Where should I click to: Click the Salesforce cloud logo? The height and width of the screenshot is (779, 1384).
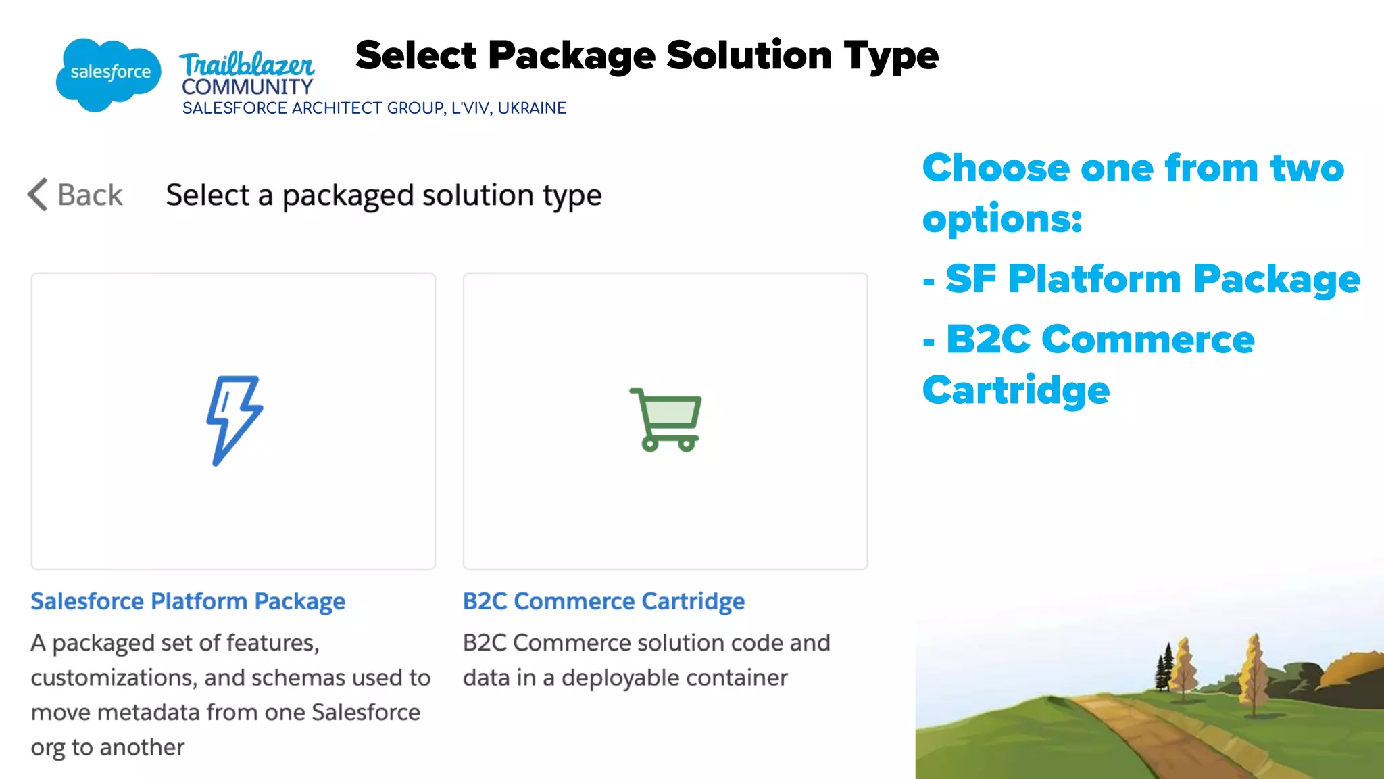(x=108, y=73)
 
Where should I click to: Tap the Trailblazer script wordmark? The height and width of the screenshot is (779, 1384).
(x=247, y=65)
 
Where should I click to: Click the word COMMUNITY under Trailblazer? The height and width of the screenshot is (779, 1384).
(x=247, y=87)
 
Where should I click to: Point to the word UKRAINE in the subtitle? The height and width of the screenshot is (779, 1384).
(x=532, y=108)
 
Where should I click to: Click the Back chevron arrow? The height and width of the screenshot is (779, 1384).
(x=38, y=195)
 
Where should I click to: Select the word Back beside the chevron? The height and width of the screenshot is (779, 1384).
(x=90, y=195)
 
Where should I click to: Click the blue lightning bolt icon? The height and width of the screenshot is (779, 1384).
(x=233, y=420)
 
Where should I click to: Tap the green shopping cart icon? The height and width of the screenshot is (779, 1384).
(x=666, y=419)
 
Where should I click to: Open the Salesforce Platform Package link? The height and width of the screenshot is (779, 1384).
(x=188, y=601)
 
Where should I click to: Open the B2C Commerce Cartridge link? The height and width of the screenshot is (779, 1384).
(x=603, y=601)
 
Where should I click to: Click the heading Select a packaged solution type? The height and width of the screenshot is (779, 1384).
(x=383, y=195)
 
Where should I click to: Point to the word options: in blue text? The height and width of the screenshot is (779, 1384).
(x=1002, y=219)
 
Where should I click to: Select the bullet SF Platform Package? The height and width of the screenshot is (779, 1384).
(x=1152, y=279)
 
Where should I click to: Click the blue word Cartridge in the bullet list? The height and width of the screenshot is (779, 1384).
(x=1016, y=390)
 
